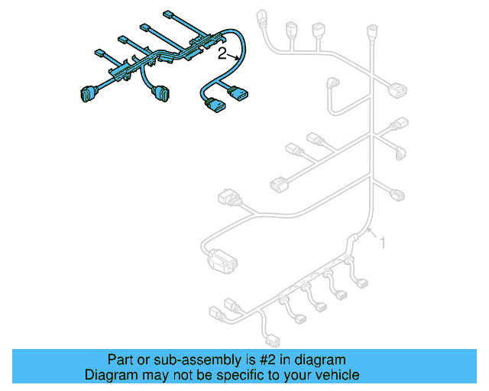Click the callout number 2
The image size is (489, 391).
tap(222, 53)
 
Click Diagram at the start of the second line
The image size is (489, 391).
tap(110, 375)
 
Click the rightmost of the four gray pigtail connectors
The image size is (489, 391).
tap(361, 286)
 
